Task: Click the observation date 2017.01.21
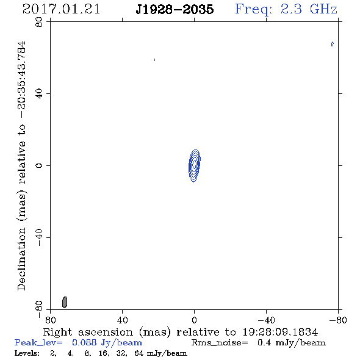(x=61, y=9)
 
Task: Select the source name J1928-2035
(x=175, y=9)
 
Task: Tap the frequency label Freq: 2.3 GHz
(x=286, y=10)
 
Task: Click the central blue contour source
(x=195, y=165)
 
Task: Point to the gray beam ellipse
(x=65, y=302)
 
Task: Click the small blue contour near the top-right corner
(x=332, y=44)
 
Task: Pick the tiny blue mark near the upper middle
(x=155, y=60)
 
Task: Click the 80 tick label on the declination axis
(x=39, y=22)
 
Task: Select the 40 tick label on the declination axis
(x=39, y=94)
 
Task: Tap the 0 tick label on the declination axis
(x=39, y=165)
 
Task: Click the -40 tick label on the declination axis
(x=39, y=237)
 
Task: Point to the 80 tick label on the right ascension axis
(x=51, y=320)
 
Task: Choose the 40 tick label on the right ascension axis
(x=123, y=320)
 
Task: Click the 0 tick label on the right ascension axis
(x=194, y=320)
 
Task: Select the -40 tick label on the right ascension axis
(x=266, y=320)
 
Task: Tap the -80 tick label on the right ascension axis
(x=338, y=320)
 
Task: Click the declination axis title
(x=21, y=165)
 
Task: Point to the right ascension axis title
(x=181, y=332)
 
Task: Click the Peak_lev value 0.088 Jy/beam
(x=107, y=343)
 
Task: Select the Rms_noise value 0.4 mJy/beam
(x=292, y=343)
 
